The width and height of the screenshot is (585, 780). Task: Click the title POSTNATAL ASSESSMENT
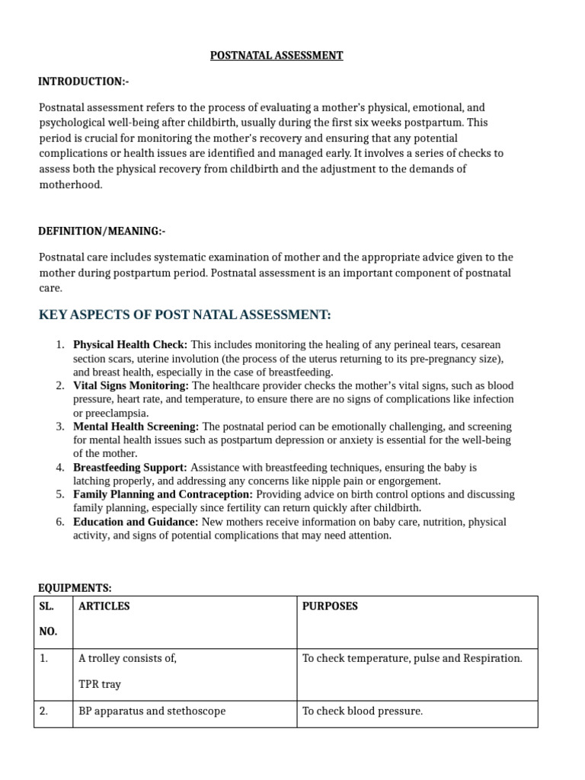pyautogui.click(x=277, y=56)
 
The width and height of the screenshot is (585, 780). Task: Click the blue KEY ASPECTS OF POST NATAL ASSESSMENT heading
pyautogui.click(x=185, y=315)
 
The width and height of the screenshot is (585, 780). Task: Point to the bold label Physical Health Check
pyautogui.click(x=129, y=345)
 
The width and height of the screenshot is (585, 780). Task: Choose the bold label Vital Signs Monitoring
pyautogui.click(x=130, y=386)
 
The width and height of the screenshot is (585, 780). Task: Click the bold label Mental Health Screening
pyautogui.click(x=136, y=427)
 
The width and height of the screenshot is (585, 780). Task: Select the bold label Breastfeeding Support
pyautogui.click(x=129, y=467)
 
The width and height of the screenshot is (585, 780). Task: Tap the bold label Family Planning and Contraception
pyautogui.click(x=162, y=494)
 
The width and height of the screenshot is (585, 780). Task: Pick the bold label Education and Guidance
pyautogui.click(x=136, y=522)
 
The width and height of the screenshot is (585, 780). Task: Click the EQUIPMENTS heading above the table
pyautogui.click(x=75, y=587)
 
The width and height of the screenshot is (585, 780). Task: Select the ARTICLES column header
pyautogui.click(x=104, y=606)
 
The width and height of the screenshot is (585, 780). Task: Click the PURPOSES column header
pyautogui.click(x=330, y=606)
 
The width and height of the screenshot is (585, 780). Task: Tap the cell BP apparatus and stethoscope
pyautogui.click(x=152, y=711)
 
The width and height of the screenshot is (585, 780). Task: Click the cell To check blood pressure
pyautogui.click(x=362, y=711)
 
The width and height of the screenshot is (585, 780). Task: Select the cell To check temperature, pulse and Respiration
pyautogui.click(x=412, y=658)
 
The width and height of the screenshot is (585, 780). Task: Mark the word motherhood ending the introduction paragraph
pyautogui.click(x=69, y=185)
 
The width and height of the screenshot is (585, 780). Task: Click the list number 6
pyautogui.click(x=60, y=522)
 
